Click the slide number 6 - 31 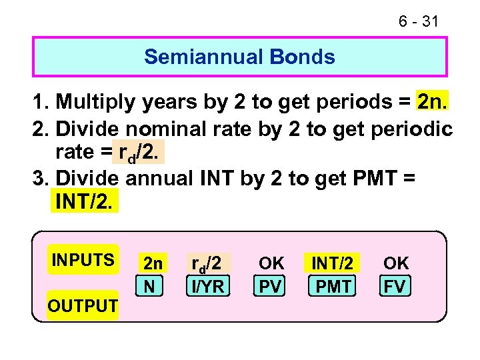[x=418, y=21]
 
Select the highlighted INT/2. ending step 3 [x=84, y=202]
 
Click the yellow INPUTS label [x=83, y=259]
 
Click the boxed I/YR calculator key [x=209, y=286]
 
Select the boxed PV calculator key [x=271, y=286]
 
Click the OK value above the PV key [x=271, y=263]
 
